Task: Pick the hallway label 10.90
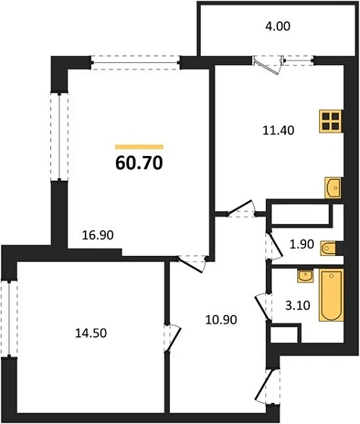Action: pyautogui.click(x=222, y=319)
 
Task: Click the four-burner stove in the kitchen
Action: pyautogui.click(x=330, y=122)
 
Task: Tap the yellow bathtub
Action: pyautogui.click(x=330, y=295)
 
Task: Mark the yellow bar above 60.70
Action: pyautogui.click(x=139, y=146)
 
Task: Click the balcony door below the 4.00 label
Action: pyautogui.click(x=268, y=65)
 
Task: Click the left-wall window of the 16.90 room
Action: pyautogui.click(x=57, y=136)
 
